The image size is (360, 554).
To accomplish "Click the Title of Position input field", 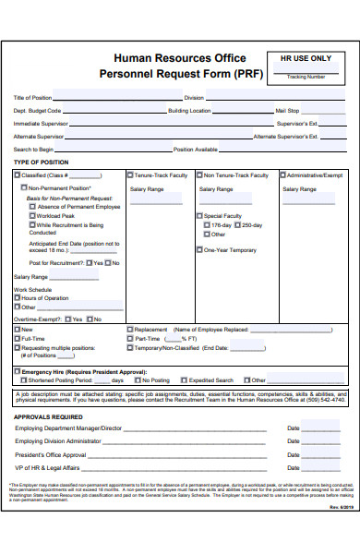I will point(116,97).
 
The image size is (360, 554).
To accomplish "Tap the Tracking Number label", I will point(306,77).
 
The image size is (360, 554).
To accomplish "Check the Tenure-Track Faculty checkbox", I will point(131,175).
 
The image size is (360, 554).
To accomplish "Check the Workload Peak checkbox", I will point(32,215).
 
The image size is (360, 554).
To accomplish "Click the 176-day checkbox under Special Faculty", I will point(207,225).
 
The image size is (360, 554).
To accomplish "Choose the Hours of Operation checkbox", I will point(17,298).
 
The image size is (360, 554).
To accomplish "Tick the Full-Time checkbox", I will point(17,339).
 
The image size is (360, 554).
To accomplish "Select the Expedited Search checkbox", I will point(185,380).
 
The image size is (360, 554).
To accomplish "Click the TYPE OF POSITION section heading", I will point(41,163).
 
